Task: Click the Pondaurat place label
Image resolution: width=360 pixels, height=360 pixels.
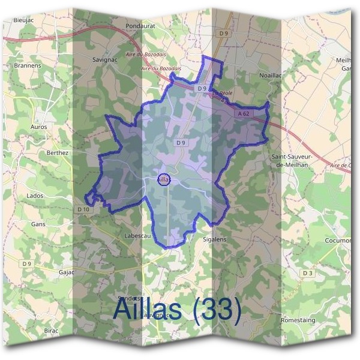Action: click(141, 26)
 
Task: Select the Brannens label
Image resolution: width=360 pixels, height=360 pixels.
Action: click(27, 65)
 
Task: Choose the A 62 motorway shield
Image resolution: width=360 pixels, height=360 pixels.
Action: click(243, 113)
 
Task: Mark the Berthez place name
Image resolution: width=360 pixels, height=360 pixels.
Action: click(58, 153)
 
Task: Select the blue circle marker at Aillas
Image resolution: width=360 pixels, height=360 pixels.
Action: click(164, 179)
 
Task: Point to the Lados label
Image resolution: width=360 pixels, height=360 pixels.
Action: click(35, 196)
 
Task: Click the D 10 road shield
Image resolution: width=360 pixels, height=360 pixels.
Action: click(83, 209)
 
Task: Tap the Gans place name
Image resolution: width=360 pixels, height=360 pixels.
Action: click(38, 224)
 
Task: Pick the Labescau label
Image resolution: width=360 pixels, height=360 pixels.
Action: click(137, 236)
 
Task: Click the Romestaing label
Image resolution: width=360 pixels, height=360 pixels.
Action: click(298, 321)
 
